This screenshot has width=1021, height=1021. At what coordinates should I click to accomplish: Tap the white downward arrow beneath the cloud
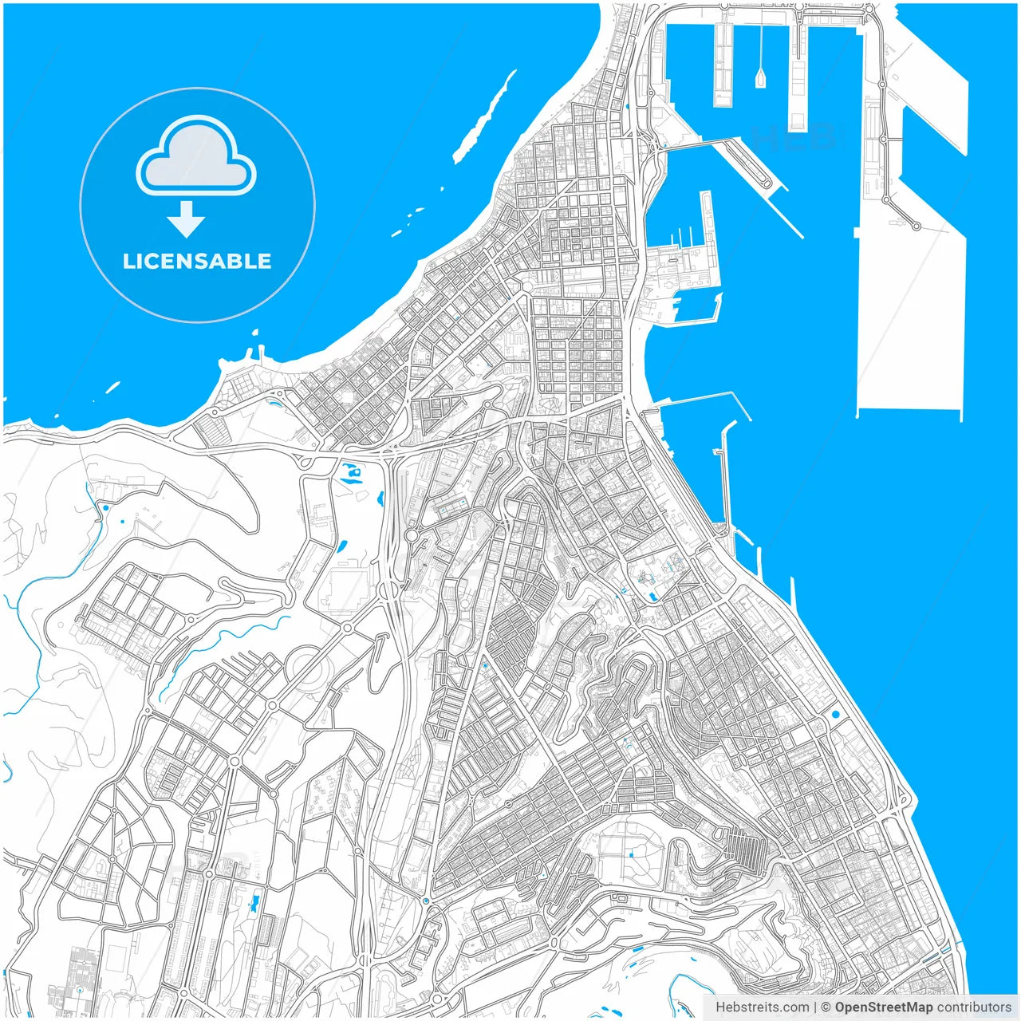[x=187, y=219]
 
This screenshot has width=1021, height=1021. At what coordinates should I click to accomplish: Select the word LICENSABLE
[x=197, y=262]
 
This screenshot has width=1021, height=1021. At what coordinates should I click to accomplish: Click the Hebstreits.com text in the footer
[x=762, y=1007]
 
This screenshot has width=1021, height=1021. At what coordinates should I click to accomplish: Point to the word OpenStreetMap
[x=884, y=1007]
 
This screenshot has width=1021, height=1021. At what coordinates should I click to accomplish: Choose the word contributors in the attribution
[x=974, y=1007]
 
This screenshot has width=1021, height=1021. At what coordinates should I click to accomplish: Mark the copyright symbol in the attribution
[x=826, y=1007]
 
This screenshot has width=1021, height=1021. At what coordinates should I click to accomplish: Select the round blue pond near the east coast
[x=835, y=715]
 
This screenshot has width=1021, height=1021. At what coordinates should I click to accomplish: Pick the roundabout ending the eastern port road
[x=917, y=227]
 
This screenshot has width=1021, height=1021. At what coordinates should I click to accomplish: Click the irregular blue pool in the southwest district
[x=254, y=905]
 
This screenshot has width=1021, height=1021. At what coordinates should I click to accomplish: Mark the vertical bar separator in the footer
[x=815, y=1007]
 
